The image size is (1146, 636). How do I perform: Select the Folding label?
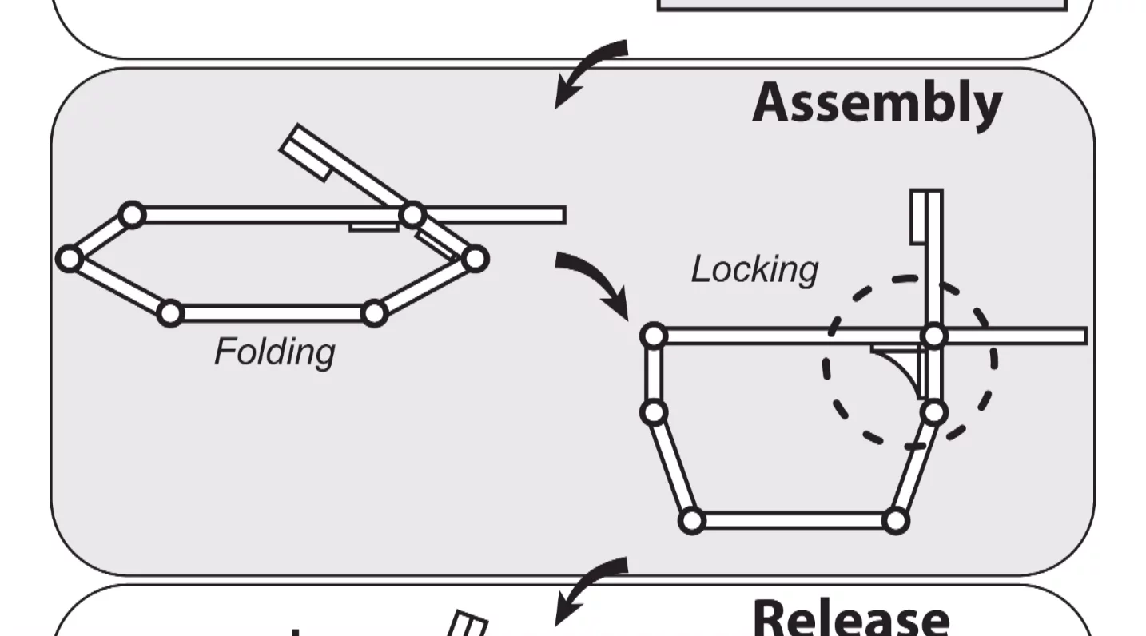[x=275, y=352]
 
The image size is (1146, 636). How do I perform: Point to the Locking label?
[x=754, y=270]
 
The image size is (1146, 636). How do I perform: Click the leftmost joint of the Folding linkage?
[x=70, y=259]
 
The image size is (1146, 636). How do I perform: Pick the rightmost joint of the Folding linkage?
[x=475, y=259]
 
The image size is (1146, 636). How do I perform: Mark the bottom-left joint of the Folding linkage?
[x=169, y=313]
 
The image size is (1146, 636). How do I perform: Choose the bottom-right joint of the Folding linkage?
[x=374, y=313]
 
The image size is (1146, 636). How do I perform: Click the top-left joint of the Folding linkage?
[x=132, y=215]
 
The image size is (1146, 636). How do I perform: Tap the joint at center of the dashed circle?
[x=933, y=336]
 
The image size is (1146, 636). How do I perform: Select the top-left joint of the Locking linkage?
[x=654, y=336]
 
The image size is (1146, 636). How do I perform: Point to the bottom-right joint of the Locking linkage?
[x=896, y=521]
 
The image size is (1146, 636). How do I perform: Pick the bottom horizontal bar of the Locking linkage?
[x=794, y=521]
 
